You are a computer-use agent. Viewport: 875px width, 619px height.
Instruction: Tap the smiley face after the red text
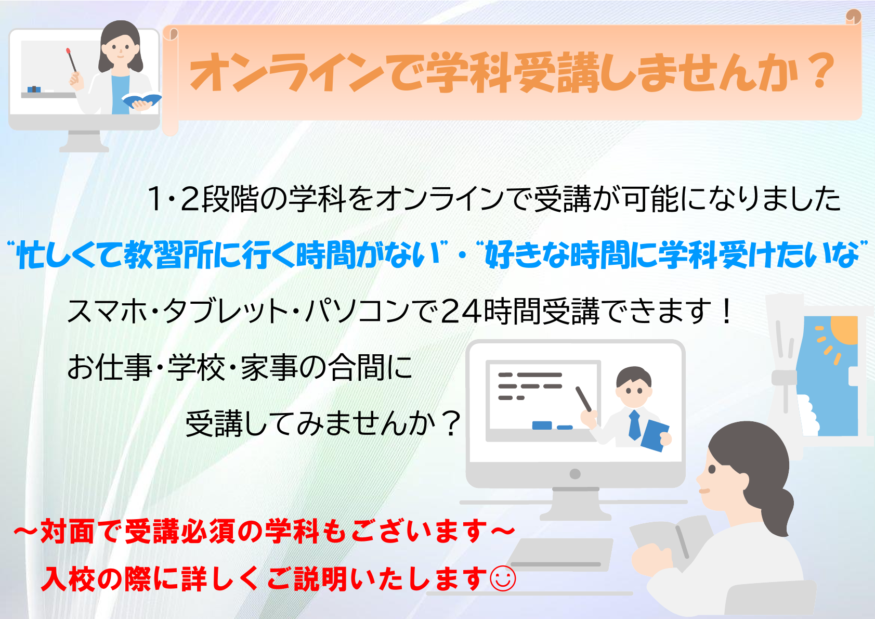click(x=503, y=578)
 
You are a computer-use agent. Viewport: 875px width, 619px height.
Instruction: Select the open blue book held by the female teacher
click(x=141, y=100)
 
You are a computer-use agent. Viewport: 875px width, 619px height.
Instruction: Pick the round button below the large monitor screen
click(x=575, y=474)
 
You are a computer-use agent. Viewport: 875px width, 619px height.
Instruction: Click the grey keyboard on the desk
click(x=560, y=554)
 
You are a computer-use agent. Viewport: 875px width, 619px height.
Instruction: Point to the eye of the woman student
click(x=712, y=469)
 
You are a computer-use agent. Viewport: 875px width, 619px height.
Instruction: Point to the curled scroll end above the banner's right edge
click(x=854, y=17)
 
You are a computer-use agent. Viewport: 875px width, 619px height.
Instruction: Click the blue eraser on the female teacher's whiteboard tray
click(x=34, y=89)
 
